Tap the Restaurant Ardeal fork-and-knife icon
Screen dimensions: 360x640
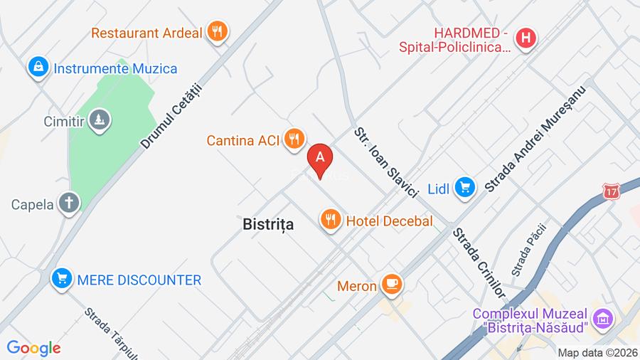pyautogui.click(x=217, y=31)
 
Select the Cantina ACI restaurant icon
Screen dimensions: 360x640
pyautogui.click(x=294, y=139)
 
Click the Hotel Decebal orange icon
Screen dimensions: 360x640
pyautogui.click(x=330, y=220)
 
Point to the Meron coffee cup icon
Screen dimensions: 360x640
pyautogui.click(x=391, y=285)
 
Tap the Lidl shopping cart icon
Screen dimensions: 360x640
pyautogui.click(x=465, y=188)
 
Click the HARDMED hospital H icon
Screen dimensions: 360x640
pyautogui.click(x=526, y=38)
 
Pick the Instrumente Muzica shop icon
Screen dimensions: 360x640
pyautogui.click(x=38, y=68)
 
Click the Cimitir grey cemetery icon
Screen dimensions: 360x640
pyautogui.click(x=100, y=120)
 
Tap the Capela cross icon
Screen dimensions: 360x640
pyautogui.click(x=69, y=203)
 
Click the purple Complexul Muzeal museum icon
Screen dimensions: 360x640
pyautogui.click(x=602, y=319)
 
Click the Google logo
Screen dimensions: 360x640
pyautogui.click(x=33, y=348)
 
